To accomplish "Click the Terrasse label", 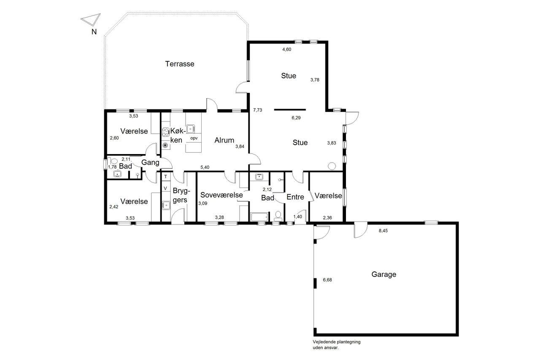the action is point(180,64).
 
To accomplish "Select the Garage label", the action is point(384,274).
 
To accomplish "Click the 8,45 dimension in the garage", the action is point(383,231).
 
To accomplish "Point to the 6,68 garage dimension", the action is point(327,280).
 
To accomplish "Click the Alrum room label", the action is point(224,140).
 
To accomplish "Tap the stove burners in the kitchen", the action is point(165,132).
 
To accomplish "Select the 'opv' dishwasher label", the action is point(194,138).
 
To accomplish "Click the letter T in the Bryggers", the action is point(166,177).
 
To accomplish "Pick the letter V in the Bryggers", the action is point(165,188).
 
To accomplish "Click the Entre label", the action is point(295,197).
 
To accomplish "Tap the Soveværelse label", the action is point(221,195).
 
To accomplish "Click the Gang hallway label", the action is point(150,162).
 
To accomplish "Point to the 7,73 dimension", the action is point(257,110).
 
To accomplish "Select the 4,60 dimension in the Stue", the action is point(286,49).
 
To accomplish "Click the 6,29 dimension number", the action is point(296,118).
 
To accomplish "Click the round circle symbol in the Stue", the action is point(332,166).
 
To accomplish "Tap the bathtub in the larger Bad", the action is point(259,217).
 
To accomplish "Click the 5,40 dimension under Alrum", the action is point(205,168).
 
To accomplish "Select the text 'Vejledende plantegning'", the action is point(337,342).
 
